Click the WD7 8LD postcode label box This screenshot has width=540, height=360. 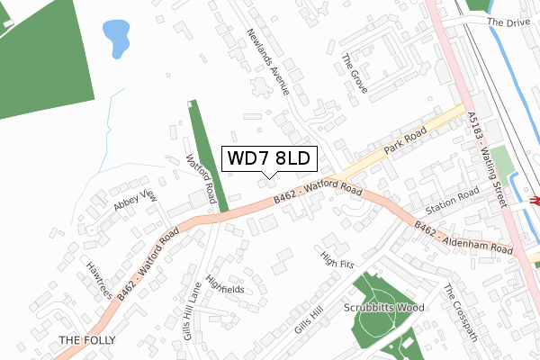point(267,158)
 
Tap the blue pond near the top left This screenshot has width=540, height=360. point(116,37)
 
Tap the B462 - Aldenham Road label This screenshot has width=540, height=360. point(462,235)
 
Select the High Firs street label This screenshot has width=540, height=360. point(339,259)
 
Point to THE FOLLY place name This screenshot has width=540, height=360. point(82,340)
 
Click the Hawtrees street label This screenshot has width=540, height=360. point(98,280)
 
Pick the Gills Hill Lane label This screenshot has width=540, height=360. point(193,311)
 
